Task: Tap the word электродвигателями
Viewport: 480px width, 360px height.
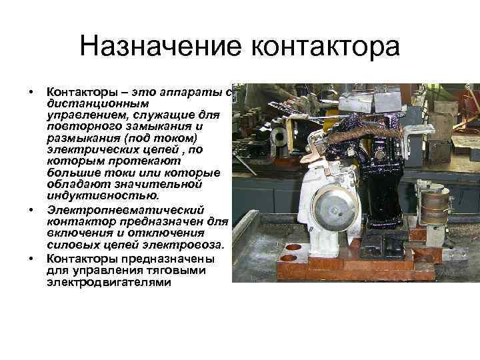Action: pyautogui.click(x=109, y=283)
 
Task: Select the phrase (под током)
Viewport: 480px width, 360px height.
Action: pyautogui.click(x=168, y=139)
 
